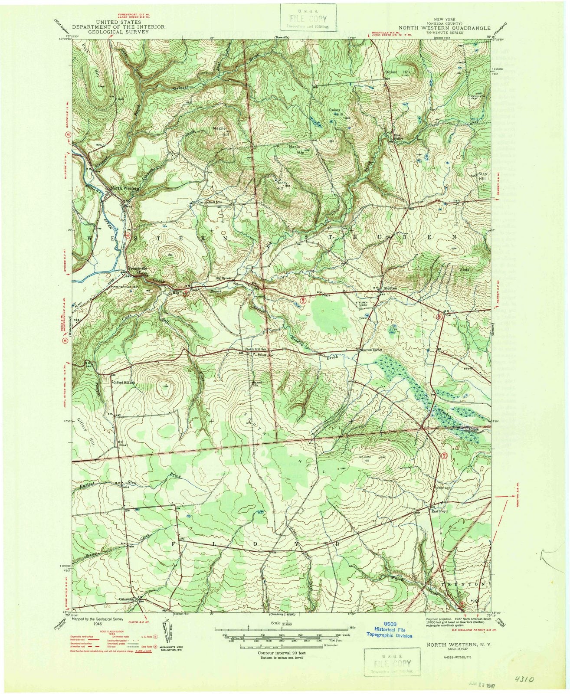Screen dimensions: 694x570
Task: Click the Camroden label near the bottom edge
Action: click(x=128, y=599)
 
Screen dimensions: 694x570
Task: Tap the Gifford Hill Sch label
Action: click(x=124, y=383)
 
